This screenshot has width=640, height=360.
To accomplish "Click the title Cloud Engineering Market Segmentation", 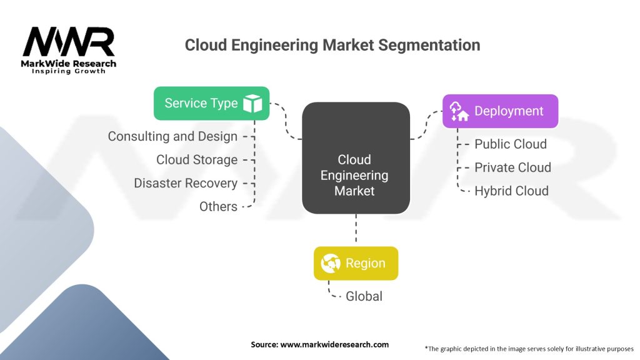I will point(332,46).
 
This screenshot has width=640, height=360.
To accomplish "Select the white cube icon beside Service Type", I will point(253,104).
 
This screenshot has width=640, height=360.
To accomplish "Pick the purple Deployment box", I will point(500,111).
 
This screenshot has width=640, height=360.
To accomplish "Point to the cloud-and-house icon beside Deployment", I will point(459,111).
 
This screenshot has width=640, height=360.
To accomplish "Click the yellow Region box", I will point(356,263).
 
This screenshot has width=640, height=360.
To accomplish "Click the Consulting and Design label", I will point(172,136).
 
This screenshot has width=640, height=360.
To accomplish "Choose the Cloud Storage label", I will point(197,160).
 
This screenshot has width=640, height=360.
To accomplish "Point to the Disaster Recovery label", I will point(186,183).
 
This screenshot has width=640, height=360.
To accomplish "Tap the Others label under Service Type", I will point(218,207).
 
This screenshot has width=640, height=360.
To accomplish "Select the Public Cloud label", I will point(510,144).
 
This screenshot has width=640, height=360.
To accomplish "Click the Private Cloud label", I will point(512,167).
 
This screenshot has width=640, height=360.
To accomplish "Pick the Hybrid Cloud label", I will point(511,191).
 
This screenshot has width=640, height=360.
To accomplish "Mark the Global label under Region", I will point(364,296).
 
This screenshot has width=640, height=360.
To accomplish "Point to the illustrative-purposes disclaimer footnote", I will point(529,348).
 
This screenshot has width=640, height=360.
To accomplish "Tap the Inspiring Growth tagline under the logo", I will point(69,71).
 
